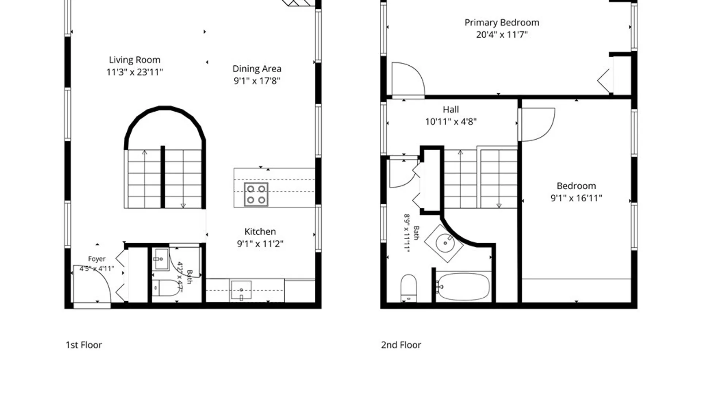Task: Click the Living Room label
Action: [134, 60]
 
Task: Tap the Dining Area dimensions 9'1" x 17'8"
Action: [257, 81]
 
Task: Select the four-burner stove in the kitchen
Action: [256, 194]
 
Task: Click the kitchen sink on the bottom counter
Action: [241, 290]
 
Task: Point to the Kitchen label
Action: [260, 232]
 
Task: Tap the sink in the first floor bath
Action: [161, 259]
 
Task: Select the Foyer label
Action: [97, 259]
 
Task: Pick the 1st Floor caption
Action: [84, 345]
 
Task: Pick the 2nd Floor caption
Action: [401, 345]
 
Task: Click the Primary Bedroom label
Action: [502, 23]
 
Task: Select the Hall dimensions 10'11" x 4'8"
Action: [451, 121]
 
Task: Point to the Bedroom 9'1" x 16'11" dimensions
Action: [576, 198]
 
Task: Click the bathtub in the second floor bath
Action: [463, 287]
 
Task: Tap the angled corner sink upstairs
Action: [444, 243]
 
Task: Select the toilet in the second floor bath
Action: [409, 288]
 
